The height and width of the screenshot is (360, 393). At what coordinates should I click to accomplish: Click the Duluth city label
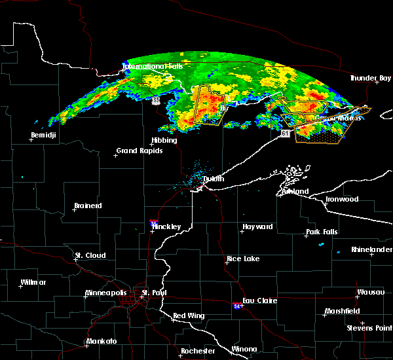coord(213,179)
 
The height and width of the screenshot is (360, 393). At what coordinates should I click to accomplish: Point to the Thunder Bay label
coord(370,79)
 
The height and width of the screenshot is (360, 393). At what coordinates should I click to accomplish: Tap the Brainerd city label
coord(88,206)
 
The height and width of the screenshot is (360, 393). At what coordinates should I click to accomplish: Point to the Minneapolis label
coord(109,293)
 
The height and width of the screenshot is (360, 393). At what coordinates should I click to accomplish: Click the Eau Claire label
coord(259,300)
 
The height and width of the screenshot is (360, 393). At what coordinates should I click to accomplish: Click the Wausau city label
coord(371,292)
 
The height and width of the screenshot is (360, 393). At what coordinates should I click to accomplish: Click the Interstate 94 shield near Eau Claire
coord(236,306)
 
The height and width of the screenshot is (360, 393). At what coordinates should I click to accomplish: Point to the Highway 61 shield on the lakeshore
coord(285,134)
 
